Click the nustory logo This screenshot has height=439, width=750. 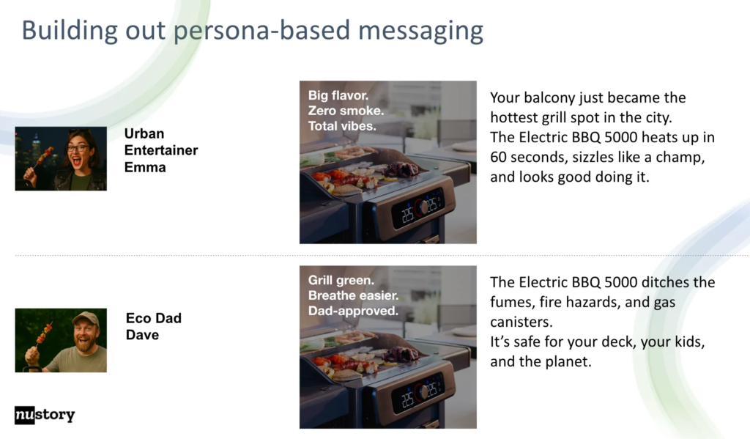click(45, 415)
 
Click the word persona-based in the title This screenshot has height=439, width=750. click(262, 31)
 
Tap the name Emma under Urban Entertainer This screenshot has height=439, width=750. click(145, 168)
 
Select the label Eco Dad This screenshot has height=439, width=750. click(154, 318)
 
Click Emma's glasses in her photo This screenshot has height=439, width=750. click(77, 148)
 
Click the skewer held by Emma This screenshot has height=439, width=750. click(41, 160)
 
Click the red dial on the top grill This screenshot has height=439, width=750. click(420, 207)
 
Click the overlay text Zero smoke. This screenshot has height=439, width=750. click(346, 111)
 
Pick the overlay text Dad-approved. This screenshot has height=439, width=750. click(353, 311)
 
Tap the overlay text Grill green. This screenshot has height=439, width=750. click(341, 281)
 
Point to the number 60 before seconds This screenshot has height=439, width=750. click(498, 158)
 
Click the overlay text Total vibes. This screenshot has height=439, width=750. click(342, 126)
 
